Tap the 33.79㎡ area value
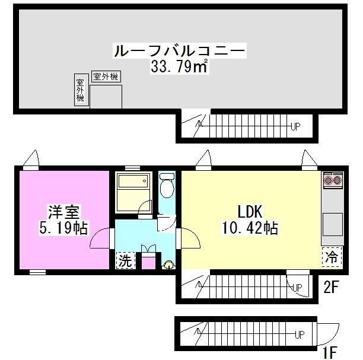coord(179,66)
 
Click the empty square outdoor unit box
coord(106,96)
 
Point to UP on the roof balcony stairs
coord(295,125)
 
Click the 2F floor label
coord(330,289)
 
